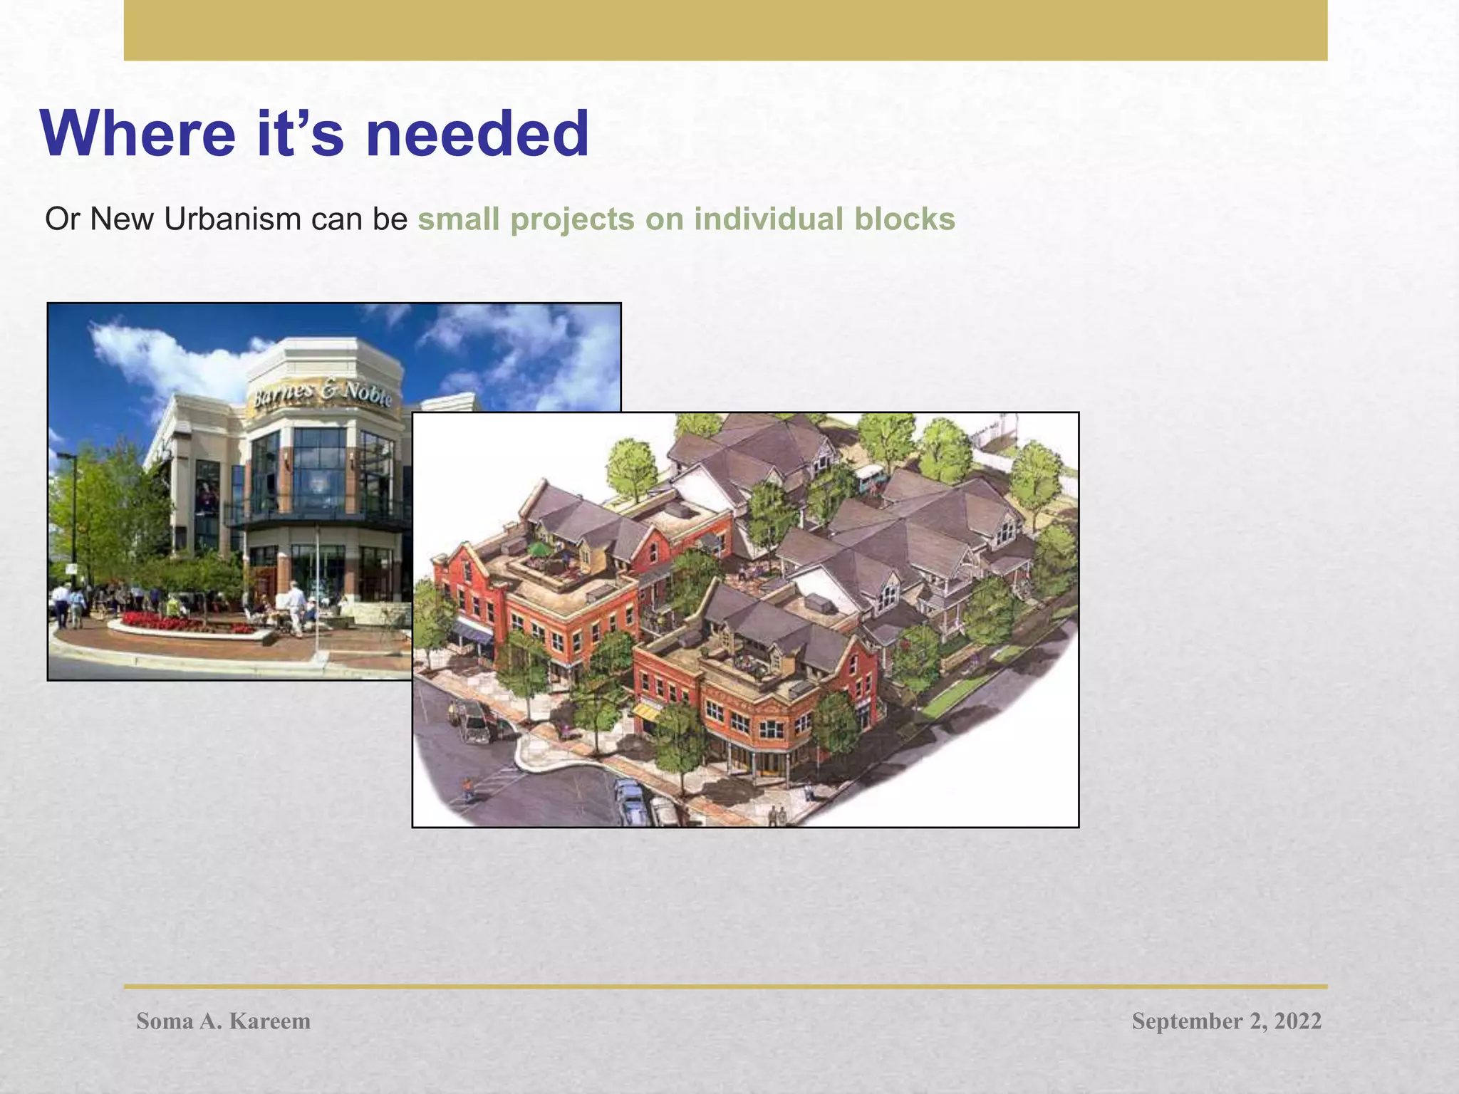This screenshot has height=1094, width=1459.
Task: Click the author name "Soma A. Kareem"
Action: click(223, 1021)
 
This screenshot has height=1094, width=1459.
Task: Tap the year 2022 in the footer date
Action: click(1297, 1021)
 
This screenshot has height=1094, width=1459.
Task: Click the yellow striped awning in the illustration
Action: click(646, 710)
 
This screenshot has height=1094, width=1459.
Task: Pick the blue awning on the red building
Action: click(472, 630)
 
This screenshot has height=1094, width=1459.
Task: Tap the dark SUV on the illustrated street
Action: click(471, 719)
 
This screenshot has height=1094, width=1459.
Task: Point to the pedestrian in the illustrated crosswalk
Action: click(467, 788)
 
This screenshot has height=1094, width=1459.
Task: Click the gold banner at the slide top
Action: click(725, 30)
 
